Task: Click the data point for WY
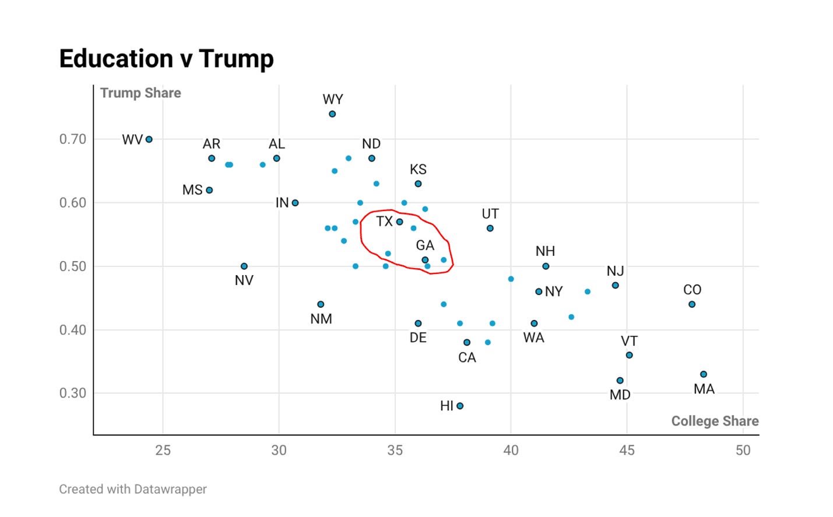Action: (332, 114)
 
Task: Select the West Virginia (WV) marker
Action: (149, 139)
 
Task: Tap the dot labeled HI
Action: (460, 406)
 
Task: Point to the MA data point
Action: (704, 374)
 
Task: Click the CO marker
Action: (692, 304)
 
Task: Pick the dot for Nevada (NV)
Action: (244, 266)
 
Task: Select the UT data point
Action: (490, 228)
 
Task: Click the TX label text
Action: (384, 221)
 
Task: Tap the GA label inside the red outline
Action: (425, 245)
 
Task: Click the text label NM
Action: (321, 319)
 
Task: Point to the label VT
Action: (629, 341)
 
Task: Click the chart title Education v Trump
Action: (166, 59)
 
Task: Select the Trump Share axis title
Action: (140, 93)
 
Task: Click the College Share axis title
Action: (715, 421)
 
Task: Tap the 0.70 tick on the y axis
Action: (72, 139)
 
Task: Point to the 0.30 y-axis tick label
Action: (72, 393)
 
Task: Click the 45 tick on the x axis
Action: (627, 451)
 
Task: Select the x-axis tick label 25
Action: (163, 451)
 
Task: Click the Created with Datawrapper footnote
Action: (133, 489)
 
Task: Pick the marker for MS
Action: (209, 190)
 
